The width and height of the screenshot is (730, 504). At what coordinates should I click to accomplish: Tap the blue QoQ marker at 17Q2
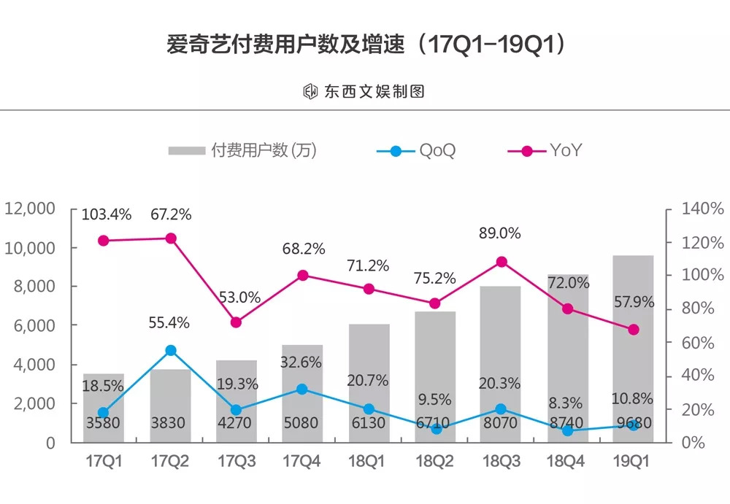coord(171,350)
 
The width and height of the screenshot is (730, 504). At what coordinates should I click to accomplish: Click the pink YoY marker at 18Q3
coord(501,262)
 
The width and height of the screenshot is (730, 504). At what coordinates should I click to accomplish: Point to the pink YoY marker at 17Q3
coord(236,322)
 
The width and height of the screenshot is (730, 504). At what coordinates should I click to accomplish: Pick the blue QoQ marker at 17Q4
coord(302,389)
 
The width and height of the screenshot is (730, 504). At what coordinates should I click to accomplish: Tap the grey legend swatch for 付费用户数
coord(186,152)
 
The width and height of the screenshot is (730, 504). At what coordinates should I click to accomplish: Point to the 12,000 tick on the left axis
coord(31,209)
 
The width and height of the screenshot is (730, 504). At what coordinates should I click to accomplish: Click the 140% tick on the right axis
coord(702,209)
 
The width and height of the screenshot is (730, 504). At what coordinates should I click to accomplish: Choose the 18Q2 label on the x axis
coord(434,462)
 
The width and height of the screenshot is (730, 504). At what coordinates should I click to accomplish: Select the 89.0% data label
coord(500,233)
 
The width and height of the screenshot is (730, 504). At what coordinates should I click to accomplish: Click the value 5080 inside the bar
coord(302,423)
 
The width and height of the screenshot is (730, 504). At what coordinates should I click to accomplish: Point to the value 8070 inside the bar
coord(501,423)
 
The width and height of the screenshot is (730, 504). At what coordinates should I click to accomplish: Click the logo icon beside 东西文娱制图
coord(310,91)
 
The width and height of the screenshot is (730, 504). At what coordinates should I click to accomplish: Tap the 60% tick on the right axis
coord(702,342)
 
